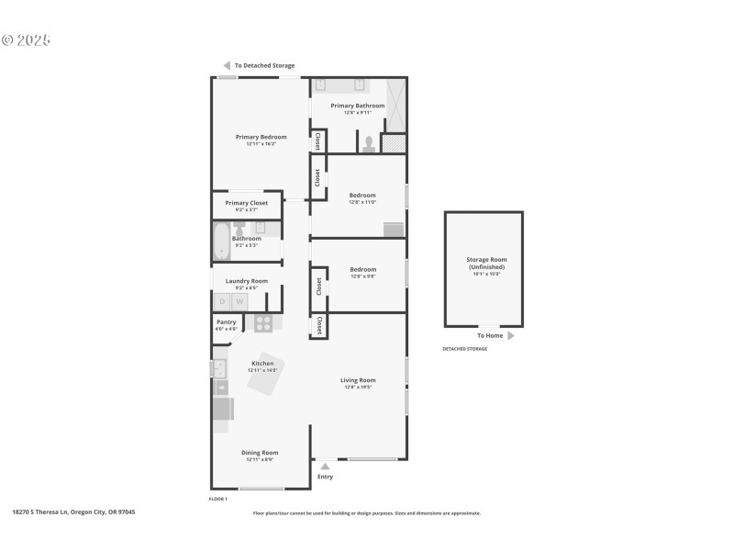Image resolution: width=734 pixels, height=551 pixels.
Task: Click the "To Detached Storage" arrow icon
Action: [227, 65]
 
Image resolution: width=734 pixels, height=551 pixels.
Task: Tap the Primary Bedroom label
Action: [261, 137]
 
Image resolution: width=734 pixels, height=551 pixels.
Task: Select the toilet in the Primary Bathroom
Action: [368, 143]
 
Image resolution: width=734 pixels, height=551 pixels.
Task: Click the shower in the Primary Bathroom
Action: [395, 106]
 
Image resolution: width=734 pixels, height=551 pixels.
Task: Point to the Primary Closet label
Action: [246, 203]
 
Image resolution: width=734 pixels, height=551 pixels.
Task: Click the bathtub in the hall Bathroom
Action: [221, 242]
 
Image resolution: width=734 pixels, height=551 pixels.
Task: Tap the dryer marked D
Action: [221, 301]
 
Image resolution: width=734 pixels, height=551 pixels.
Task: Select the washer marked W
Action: [239, 301]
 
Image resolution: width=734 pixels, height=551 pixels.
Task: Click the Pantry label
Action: [226, 322]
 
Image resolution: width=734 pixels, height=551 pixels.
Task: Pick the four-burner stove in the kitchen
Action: [263, 322]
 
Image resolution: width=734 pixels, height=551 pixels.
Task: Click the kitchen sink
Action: [219, 368]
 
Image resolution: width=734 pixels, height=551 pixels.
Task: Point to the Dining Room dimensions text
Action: [260, 459]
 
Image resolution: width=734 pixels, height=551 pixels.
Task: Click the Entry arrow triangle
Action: [325, 467]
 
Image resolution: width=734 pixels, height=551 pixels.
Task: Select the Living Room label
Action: [358, 380]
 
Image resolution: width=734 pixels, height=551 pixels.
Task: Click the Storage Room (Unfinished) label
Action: [485, 264]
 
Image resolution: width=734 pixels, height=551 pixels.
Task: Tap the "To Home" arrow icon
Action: [511, 336]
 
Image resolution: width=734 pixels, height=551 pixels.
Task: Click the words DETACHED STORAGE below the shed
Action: [465, 349]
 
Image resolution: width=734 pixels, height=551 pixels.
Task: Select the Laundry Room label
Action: [246, 281]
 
